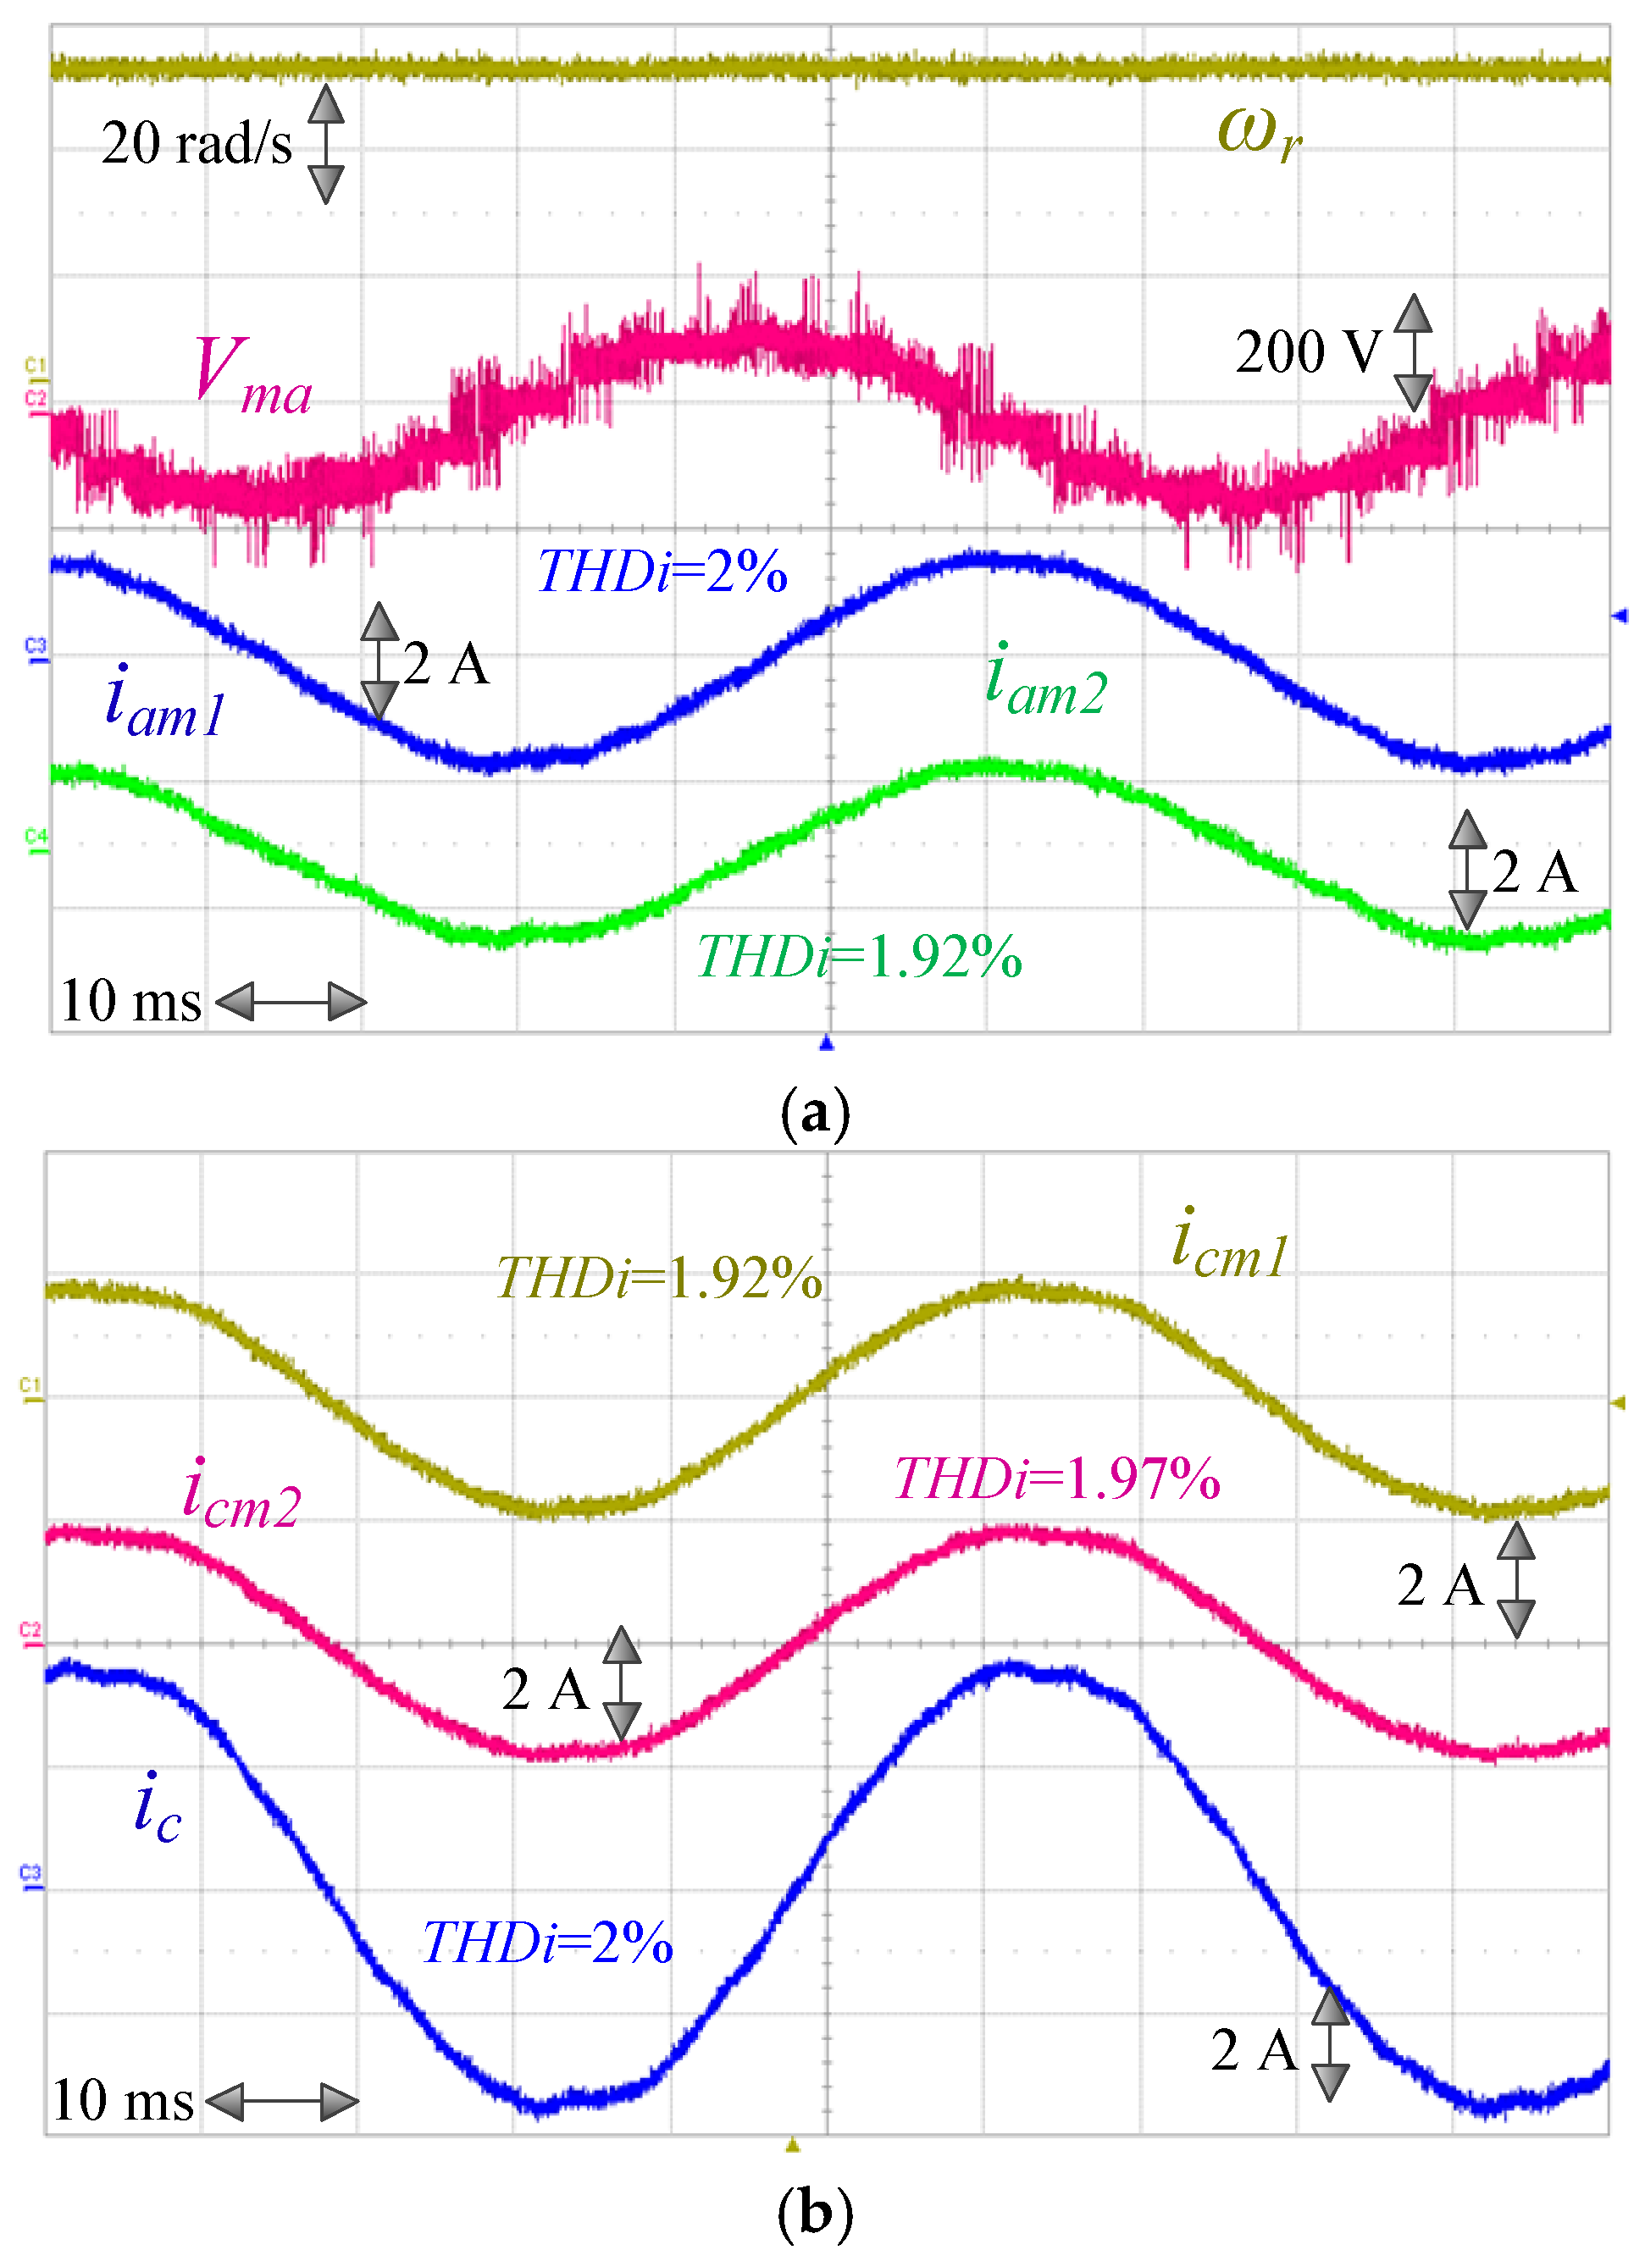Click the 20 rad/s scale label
(197, 144)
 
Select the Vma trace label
(252, 376)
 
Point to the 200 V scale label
(1308, 352)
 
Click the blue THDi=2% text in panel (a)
(662, 572)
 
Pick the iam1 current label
(165, 703)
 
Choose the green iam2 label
(1046, 681)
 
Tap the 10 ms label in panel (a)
(130, 1001)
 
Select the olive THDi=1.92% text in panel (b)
(659, 1277)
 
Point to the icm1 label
(1229, 1245)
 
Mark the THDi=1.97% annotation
(1057, 1479)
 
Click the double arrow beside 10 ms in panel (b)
(282, 2102)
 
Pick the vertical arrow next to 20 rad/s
(326, 145)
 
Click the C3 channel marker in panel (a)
(35, 647)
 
